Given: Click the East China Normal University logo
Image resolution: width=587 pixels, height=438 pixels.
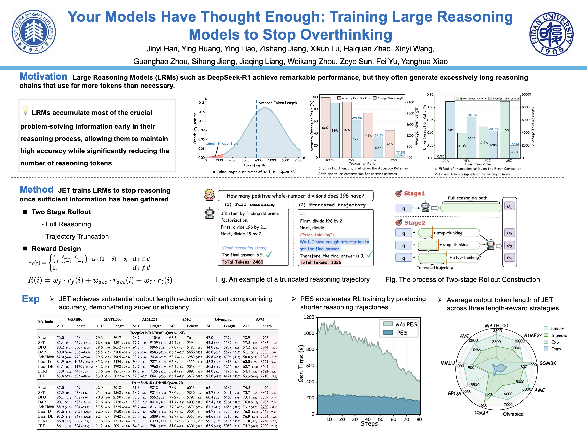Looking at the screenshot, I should [34, 32].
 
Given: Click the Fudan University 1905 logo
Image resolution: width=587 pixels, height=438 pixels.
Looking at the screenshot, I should [551, 34].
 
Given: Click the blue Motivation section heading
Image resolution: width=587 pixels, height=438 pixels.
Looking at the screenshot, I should [43, 76].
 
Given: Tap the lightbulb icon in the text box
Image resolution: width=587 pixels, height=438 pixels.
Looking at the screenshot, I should [25, 110].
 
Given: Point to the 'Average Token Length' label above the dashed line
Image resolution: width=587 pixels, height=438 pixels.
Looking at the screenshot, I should [277, 103].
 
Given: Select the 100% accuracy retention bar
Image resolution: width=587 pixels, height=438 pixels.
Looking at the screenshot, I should [325, 127].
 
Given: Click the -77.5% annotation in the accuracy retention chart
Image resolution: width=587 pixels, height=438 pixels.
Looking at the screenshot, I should [400, 152].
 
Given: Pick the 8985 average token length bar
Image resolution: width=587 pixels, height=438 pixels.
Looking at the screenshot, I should [450, 130].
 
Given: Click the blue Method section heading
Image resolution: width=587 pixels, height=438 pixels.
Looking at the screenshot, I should [36, 190].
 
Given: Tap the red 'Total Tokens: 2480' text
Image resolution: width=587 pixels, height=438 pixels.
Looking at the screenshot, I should [242, 262].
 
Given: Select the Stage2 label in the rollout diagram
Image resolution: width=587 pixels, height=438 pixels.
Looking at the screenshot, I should [414, 223].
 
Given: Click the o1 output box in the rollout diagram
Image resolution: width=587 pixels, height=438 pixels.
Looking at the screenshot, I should [509, 206].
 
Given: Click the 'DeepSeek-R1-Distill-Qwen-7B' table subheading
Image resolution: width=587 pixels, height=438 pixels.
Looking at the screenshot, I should [157, 383].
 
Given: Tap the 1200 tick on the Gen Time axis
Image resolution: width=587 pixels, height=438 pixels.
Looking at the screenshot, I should [309, 317].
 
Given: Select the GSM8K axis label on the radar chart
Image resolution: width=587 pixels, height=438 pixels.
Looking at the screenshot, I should [547, 363].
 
